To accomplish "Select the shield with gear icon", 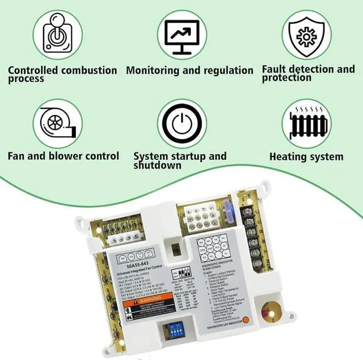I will coord(307,34).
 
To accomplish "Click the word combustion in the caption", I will coord(88,70).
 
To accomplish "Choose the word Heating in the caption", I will coord(288,156).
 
